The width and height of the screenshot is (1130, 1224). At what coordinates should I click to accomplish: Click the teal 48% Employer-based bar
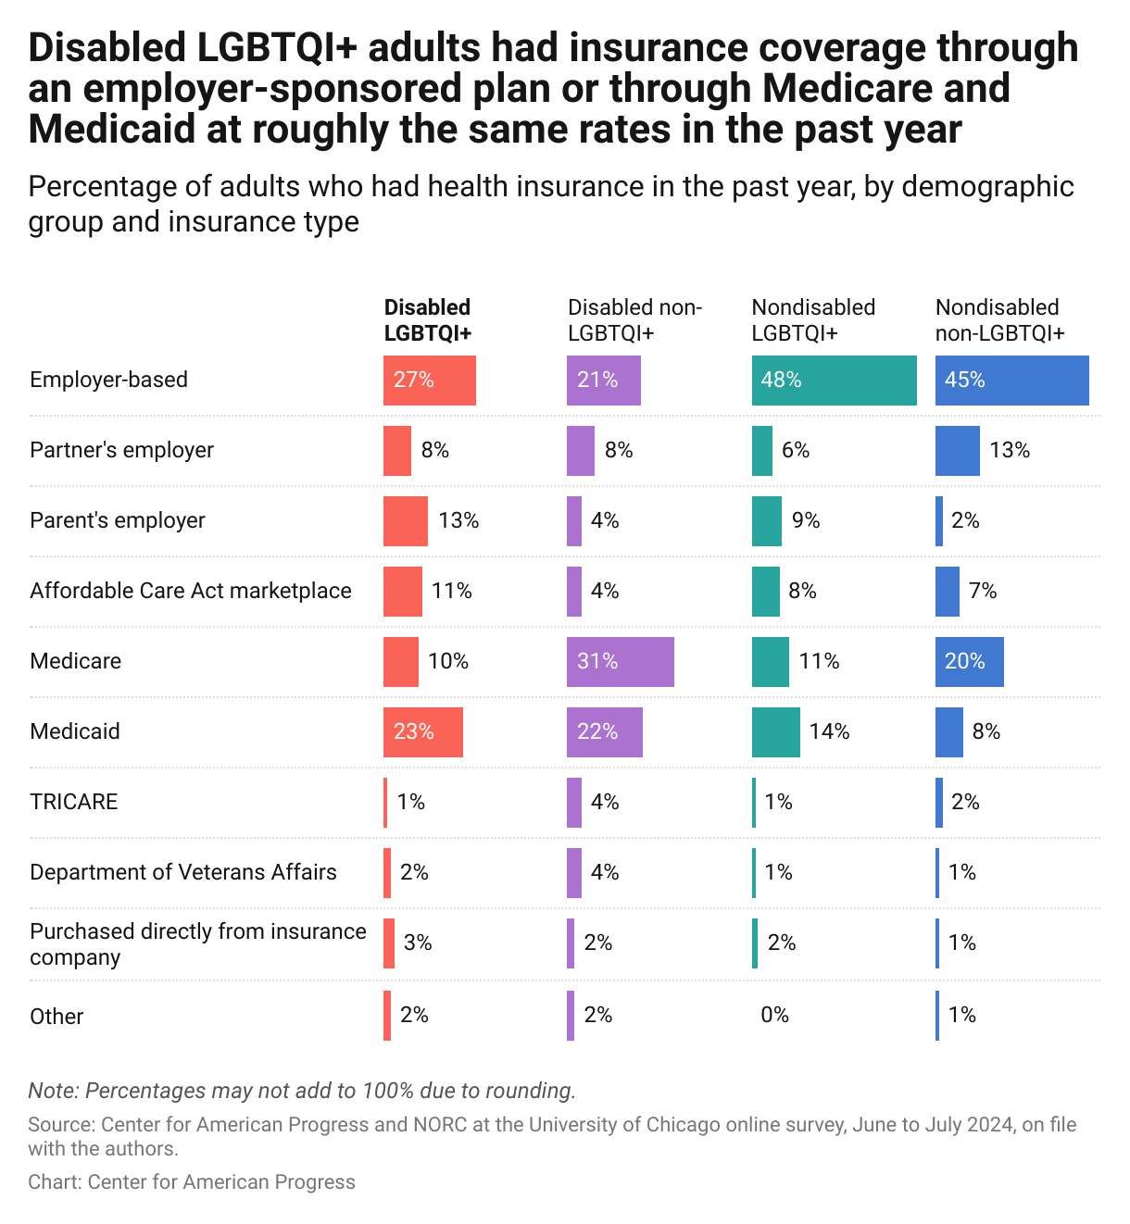point(834,381)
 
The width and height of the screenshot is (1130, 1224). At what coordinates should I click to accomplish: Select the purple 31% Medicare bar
point(620,661)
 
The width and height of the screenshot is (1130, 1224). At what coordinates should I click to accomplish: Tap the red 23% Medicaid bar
point(422,731)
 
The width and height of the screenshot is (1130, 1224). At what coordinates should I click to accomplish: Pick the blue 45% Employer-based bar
point(1011,381)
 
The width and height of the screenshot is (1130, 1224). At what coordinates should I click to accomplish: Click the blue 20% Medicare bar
point(969,661)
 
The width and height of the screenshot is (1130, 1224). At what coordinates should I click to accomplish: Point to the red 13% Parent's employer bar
point(406,521)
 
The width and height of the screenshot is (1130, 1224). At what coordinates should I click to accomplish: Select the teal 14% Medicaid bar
point(775,731)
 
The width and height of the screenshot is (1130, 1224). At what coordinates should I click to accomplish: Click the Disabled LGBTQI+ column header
point(427,320)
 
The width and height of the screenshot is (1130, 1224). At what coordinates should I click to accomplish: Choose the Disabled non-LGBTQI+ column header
point(634,320)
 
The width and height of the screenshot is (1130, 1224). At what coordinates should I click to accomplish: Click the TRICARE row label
point(74,802)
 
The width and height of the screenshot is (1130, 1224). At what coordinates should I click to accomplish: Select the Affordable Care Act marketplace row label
point(191,591)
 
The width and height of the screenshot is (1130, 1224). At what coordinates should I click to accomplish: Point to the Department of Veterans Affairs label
point(183,872)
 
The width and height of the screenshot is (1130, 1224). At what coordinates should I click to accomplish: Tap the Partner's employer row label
point(121,450)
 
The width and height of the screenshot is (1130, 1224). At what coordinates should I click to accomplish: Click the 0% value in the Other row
point(774,1016)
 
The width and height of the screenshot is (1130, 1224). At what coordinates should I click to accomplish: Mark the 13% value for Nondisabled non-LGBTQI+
point(1010,450)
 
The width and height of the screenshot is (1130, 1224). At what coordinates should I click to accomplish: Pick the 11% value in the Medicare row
point(819,661)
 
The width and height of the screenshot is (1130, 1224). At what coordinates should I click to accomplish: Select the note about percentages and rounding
point(302,1091)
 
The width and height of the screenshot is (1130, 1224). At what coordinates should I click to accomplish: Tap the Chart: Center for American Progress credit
point(192,1182)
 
